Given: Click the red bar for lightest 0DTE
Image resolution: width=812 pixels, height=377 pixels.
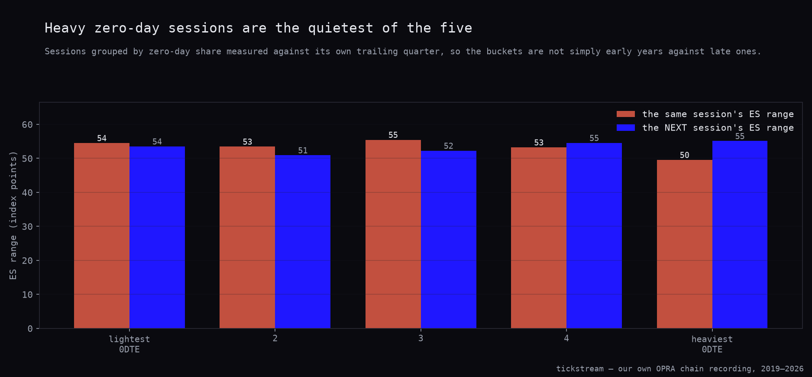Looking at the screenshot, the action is coord(102,236).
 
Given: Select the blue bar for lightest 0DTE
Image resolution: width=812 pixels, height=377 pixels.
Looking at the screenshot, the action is coord(157,237).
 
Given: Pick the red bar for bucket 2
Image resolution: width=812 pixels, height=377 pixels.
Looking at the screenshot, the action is coord(247,237).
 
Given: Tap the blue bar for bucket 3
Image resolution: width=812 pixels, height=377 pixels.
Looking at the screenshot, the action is coord(449,240).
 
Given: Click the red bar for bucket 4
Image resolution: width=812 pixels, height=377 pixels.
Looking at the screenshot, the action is coord(539,238).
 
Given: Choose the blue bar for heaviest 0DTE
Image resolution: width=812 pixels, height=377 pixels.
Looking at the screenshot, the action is coord(740,234).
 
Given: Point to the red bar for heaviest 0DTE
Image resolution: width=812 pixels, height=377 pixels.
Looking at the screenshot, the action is coord(685,244).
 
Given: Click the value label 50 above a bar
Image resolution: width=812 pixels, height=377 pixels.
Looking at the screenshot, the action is coord(684,155).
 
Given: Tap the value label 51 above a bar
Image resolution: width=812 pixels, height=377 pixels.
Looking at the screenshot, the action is coord(303,150).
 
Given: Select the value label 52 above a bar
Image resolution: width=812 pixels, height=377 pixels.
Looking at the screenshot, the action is coord(449,146).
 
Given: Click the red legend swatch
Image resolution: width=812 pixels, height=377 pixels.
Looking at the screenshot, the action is coord(626,114).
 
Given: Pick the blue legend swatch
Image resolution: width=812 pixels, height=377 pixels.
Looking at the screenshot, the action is coord(626,127).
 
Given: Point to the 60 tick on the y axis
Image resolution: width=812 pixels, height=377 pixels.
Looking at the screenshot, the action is coord(27,125).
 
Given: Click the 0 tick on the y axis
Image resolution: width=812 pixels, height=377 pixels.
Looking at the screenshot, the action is coord(30,328).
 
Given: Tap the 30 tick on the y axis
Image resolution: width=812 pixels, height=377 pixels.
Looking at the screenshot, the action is coord(27,227).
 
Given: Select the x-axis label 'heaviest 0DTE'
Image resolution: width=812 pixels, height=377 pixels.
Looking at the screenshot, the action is coord(712,344).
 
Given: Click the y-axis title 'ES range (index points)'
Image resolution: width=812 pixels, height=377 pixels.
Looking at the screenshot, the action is coord(13,215).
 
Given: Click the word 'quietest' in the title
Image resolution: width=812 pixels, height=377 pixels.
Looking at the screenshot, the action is coord(340,28).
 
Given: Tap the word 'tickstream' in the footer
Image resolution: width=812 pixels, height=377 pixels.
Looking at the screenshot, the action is coord(580,368).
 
